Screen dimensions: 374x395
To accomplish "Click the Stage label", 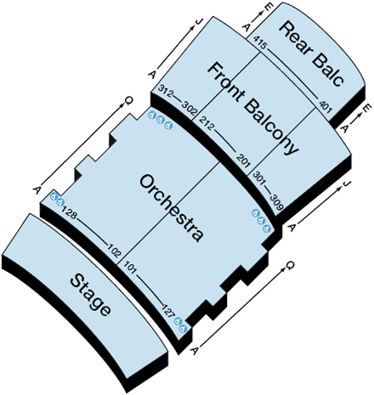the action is pyautogui.click(x=90, y=295).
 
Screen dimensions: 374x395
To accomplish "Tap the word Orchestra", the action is pyautogui.click(x=172, y=208).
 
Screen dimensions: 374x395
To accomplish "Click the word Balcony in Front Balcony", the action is pyautogui.click(x=271, y=127).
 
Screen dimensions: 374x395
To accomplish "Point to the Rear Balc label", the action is pyautogui.click(x=312, y=54).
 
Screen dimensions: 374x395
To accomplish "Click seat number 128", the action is pyautogui.click(x=69, y=212).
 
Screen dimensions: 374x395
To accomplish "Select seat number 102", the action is pyautogui.click(x=114, y=250).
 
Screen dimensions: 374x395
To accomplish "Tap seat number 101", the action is pyautogui.click(x=131, y=268).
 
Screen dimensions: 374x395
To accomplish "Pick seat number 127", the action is pyautogui.click(x=168, y=310).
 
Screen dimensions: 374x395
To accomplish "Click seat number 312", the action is pyautogui.click(x=165, y=91).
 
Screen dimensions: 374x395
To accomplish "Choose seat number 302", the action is pyautogui.click(x=189, y=110).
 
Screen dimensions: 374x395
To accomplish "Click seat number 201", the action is pyautogui.click(x=244, y=160).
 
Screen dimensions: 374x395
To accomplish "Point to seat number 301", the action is pyautogui.click(x=258, y=178).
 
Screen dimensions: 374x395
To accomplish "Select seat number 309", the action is pyautogui.click(x=276, y=201).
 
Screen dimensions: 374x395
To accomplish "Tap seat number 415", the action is pyautogui.click(x=259, y=42).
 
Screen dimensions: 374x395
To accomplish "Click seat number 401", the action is pyautogui.click(x=326, y=106).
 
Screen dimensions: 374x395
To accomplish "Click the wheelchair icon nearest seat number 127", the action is pyautogui.click(x=178, y=321).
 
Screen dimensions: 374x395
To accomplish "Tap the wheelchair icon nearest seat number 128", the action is pyautogui.click(x=60, y=202).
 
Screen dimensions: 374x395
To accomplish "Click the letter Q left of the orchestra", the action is pyautogui.click(x=128, y=101).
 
